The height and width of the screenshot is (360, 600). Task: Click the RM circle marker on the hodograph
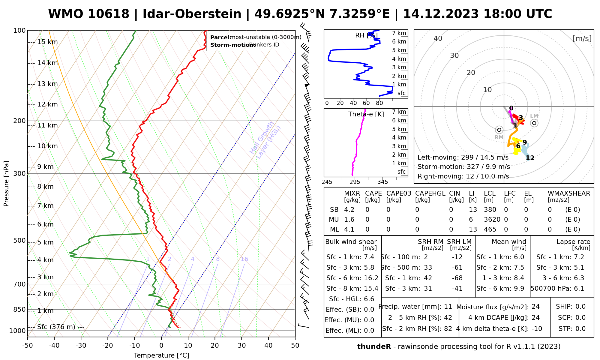click(x=499, y=130)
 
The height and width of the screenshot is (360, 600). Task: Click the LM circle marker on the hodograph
click(x=534, y=123)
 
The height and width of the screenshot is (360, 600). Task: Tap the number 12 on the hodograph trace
click(x=530, y=158)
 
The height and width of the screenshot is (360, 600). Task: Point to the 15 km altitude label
click(x=47, y=42)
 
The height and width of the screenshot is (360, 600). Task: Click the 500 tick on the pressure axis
click(x=19, y=241)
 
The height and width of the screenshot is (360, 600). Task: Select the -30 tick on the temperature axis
click(x=81, y=346)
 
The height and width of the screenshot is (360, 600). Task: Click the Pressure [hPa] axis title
click(x=6, y=184)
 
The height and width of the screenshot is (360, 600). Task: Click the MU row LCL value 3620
click(x=492, y=220)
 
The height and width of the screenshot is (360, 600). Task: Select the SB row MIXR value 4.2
click(x=349, y=210)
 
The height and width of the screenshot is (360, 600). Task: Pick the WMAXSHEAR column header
click(x=569, y=193)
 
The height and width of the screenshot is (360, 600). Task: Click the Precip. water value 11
click(x=448, y=307)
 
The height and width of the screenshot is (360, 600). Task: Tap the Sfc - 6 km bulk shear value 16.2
click(x=371, y=278)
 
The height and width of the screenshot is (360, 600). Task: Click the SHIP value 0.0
click(x=580, y=307)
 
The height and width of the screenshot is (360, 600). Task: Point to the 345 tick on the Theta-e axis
click(x=382, y=182)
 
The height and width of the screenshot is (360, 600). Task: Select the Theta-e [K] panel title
click(x=366, y=114)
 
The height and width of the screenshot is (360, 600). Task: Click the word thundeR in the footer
click(x=374, y=347)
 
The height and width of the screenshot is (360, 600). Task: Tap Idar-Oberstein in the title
click(x=192, y=14)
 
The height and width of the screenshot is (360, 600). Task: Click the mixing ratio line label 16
click(x=244, y=259)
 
